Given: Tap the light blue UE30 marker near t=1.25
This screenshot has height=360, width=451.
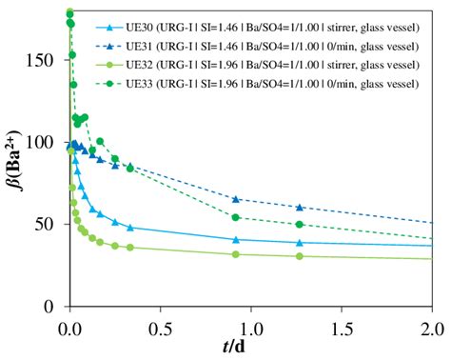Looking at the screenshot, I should pyautogui.click(x=299, y=242).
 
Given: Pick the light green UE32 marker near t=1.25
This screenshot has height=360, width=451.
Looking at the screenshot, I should pyautogui.click(x=299, y=256).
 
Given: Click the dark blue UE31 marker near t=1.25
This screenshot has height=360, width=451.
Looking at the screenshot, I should pyautogui.click(x=299, y=207).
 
